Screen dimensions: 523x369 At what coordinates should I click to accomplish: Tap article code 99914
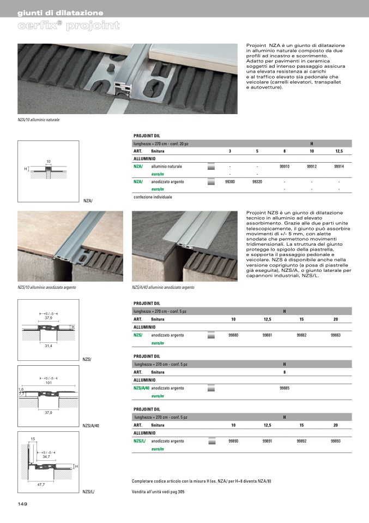coord(338,166)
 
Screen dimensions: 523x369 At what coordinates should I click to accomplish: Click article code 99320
coord(257,181)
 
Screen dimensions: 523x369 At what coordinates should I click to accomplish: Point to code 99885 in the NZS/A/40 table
coord(285,388)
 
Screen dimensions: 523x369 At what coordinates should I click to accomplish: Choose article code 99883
coord(336,335)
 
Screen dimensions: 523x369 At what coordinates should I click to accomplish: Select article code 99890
coord(233,441)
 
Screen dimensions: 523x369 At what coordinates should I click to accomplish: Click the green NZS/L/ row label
coord(140,441)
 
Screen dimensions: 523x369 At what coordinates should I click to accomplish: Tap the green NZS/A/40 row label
coord(141,388)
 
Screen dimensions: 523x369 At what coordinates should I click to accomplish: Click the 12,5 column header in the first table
coord(338,151)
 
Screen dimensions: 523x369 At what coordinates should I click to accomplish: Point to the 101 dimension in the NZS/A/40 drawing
coord(48,383)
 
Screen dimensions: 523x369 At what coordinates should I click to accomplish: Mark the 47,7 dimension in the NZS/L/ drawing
coord(41,484)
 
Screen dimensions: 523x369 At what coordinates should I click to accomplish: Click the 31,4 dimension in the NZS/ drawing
coord(49,346)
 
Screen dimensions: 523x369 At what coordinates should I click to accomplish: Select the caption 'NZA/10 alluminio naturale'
coord(39,119)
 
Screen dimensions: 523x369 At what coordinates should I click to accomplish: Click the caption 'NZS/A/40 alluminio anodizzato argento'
coord(163,287)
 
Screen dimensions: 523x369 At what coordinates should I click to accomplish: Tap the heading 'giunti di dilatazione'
coord(60,13)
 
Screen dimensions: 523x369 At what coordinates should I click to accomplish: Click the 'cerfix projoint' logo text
coord(69,26)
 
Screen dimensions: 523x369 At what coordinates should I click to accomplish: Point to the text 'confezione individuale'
coord(153,197)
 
